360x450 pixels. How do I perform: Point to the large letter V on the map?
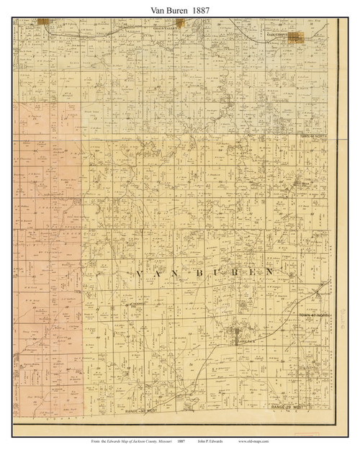tap(138, 274)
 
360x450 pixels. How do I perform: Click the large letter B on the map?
tap(210, 274)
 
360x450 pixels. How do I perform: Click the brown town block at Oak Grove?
tap(294, 35)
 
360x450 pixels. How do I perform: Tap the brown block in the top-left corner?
tap(45, 23)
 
